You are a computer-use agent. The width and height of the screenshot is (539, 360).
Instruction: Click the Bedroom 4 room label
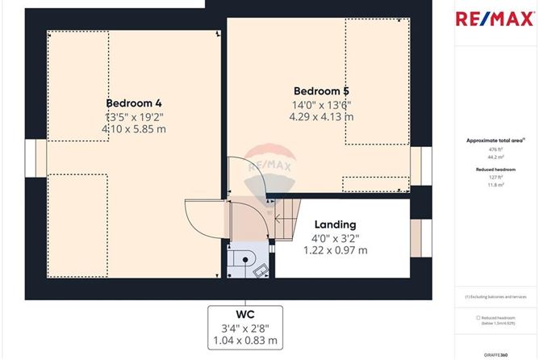[134, 103]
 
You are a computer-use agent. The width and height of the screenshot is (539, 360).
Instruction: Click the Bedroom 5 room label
[321, 90]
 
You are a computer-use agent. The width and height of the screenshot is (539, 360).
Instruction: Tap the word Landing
[336, 224]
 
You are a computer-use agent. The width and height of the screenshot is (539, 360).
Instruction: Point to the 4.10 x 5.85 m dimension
[134, 129]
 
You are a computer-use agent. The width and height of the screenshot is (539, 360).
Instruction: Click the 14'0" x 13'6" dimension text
[321, 104]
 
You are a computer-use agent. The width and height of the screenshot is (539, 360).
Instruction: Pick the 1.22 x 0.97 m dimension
[336, 250]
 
